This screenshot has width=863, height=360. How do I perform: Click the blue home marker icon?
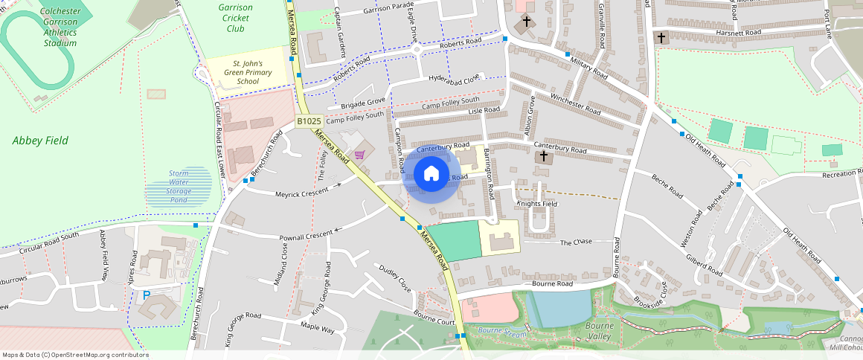pos(431,175)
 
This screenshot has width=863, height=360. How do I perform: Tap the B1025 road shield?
pos(309,120)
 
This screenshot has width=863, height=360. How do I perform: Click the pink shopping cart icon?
pos(360,155)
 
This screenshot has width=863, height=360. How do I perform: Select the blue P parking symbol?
pos(146,295)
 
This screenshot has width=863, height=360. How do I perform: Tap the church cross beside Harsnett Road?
pos(661,37)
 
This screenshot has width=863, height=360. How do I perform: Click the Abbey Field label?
pos(41,141)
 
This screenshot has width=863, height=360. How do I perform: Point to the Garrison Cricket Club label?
pos(236,18)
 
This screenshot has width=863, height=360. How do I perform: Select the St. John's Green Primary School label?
pos(247,72)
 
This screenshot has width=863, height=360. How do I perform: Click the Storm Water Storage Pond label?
pos(179,185)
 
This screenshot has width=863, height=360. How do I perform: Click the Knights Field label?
pos(537,203)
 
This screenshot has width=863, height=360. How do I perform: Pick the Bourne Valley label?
pos(599,331)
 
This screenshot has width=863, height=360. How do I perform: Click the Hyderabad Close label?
pos(456,78)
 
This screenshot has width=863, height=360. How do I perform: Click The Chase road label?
pos(575,242)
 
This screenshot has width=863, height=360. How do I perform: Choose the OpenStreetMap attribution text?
pos(75,355)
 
